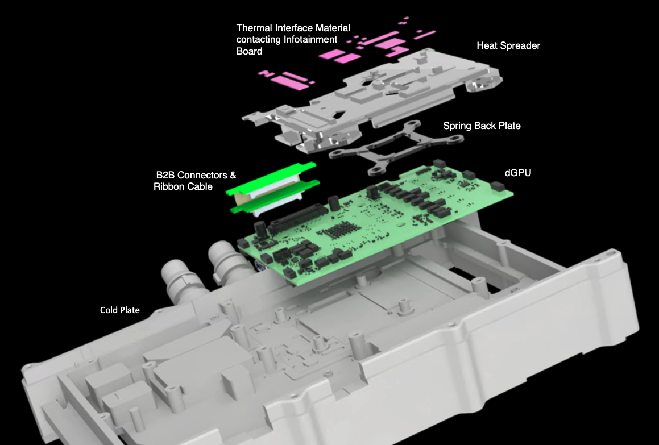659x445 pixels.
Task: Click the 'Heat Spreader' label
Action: tap(508, 45)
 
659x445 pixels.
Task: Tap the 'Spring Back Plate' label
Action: tap(482, 126)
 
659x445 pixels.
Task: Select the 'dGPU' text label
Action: tap(518, 172)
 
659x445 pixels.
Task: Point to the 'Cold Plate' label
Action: tap(119, 310)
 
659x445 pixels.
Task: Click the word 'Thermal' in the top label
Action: tap(254, 28)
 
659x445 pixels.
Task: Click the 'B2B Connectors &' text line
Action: tap(196, 175)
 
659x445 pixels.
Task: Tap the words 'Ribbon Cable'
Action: tap(183, 186)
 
